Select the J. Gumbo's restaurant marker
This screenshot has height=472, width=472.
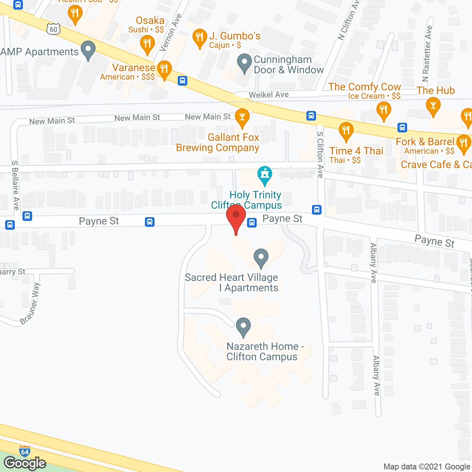tap(199, 37)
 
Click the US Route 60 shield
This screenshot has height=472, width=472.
tap(53, 29)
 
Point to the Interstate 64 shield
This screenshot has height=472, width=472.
tap(25, 452)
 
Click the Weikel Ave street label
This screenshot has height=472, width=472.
tap(268, 95)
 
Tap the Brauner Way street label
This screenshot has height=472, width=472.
tap(31, 303)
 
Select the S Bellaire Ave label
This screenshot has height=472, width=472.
tap(15, 185)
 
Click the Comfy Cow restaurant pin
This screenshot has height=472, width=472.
tap(384, 110)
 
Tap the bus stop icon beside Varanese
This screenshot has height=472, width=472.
tap(183, 81)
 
